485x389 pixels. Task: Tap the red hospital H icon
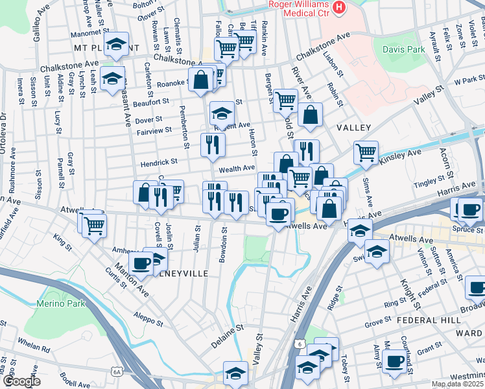[x=338, y=8]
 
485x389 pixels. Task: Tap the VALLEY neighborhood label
[x=353, y=128]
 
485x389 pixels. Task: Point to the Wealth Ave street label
[x=236, y=168]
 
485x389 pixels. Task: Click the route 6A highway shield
[x=116, y=371]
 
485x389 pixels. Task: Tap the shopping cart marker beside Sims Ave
[x=366, y=153]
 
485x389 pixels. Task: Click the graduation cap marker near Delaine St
[x=235, y=372]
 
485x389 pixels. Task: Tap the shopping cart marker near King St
[x=94, y=225]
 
